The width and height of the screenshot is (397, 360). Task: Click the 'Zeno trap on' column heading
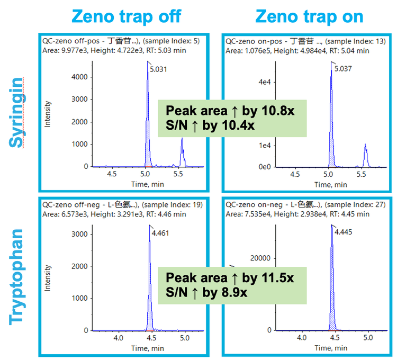point(309,16)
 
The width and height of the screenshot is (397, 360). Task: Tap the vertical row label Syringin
point(17,112)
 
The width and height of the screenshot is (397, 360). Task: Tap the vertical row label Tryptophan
point(17,275)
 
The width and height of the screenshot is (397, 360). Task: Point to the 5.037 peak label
point(343,69)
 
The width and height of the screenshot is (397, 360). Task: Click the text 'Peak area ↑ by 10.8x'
point(230,111)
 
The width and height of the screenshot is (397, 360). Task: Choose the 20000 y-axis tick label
point(260,258)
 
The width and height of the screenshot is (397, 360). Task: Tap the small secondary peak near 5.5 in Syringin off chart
point(182,151)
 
